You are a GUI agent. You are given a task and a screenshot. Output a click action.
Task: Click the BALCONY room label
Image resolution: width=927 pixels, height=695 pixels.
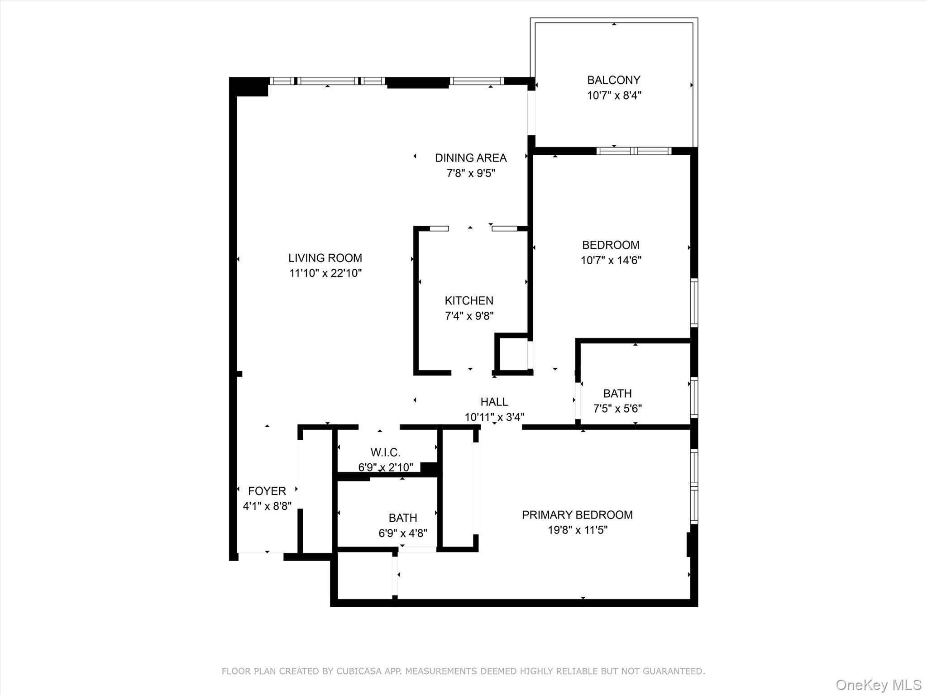613,80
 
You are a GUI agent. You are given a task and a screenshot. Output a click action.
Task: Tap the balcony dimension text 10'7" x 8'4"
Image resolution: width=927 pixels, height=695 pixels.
614,95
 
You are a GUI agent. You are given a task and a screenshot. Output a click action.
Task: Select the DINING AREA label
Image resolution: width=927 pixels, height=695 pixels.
470,158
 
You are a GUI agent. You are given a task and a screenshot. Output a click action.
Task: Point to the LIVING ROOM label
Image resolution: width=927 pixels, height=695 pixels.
325,258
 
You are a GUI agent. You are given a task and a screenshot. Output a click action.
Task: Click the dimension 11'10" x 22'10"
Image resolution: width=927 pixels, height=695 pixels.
325,273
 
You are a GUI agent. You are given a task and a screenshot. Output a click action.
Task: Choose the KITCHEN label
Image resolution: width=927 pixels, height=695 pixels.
468,300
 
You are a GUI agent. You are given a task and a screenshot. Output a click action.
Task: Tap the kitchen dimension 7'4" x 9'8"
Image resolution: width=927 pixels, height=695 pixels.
469,316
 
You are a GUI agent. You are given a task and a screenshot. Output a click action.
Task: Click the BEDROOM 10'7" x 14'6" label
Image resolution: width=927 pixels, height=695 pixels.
611,245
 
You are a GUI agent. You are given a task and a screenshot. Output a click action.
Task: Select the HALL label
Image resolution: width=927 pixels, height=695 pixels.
494,402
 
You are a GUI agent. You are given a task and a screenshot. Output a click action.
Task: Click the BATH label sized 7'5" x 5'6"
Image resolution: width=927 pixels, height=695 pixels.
617,394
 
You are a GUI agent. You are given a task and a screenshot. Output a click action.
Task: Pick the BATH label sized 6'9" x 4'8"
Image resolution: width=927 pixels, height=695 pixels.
402,518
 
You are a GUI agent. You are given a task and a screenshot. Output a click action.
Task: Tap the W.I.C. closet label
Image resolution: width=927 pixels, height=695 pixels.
385,452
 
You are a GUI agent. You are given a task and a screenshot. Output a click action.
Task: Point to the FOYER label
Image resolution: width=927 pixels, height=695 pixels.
267,491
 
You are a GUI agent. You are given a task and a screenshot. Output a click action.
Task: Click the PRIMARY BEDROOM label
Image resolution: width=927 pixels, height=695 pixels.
577,515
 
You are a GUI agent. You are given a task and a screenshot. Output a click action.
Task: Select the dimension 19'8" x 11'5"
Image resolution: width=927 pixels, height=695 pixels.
578,530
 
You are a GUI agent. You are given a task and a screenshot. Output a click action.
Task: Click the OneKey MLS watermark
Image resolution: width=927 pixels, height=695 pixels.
878,685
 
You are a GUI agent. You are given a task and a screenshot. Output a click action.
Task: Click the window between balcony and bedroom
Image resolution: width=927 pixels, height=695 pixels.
634,151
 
